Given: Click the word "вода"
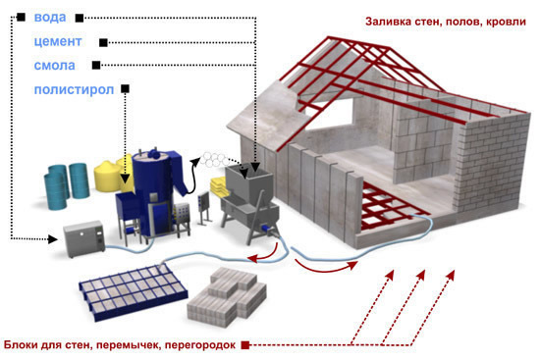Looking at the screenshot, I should tap(50, 18).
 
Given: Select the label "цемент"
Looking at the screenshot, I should tap(57, 42).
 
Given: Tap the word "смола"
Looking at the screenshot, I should tap(53, 66).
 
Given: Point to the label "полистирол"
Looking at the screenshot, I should tap(73, 89).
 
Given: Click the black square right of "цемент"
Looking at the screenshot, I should tap(101, 42).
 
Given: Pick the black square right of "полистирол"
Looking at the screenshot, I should tap(126, 89).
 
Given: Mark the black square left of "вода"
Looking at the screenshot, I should tap(20, 18).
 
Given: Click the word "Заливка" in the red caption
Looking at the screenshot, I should tap(392, 20).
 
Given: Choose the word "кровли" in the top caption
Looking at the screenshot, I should tap(500, 20).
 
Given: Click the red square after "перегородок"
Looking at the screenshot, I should tap(244, 343).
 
